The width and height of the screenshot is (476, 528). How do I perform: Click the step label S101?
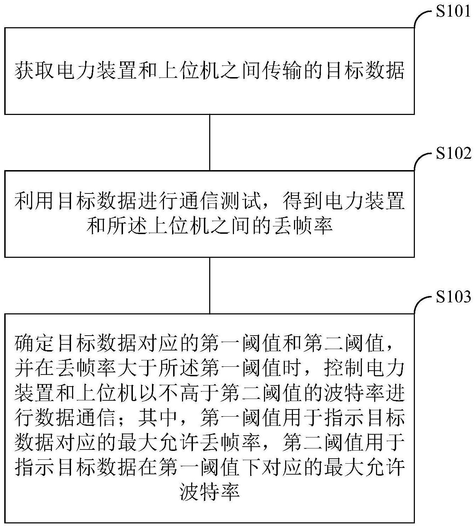click(x=453, y=12)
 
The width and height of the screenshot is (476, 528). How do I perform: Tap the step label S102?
click(x=453, y=154)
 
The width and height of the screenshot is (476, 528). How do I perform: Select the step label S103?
click(x=453, y=297)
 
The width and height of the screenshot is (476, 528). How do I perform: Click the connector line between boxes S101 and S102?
click(x=210, y=142)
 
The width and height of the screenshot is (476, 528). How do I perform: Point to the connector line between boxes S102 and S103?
click(x=210, y=285)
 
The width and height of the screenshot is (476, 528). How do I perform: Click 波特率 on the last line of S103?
click(x=210, y=492)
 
